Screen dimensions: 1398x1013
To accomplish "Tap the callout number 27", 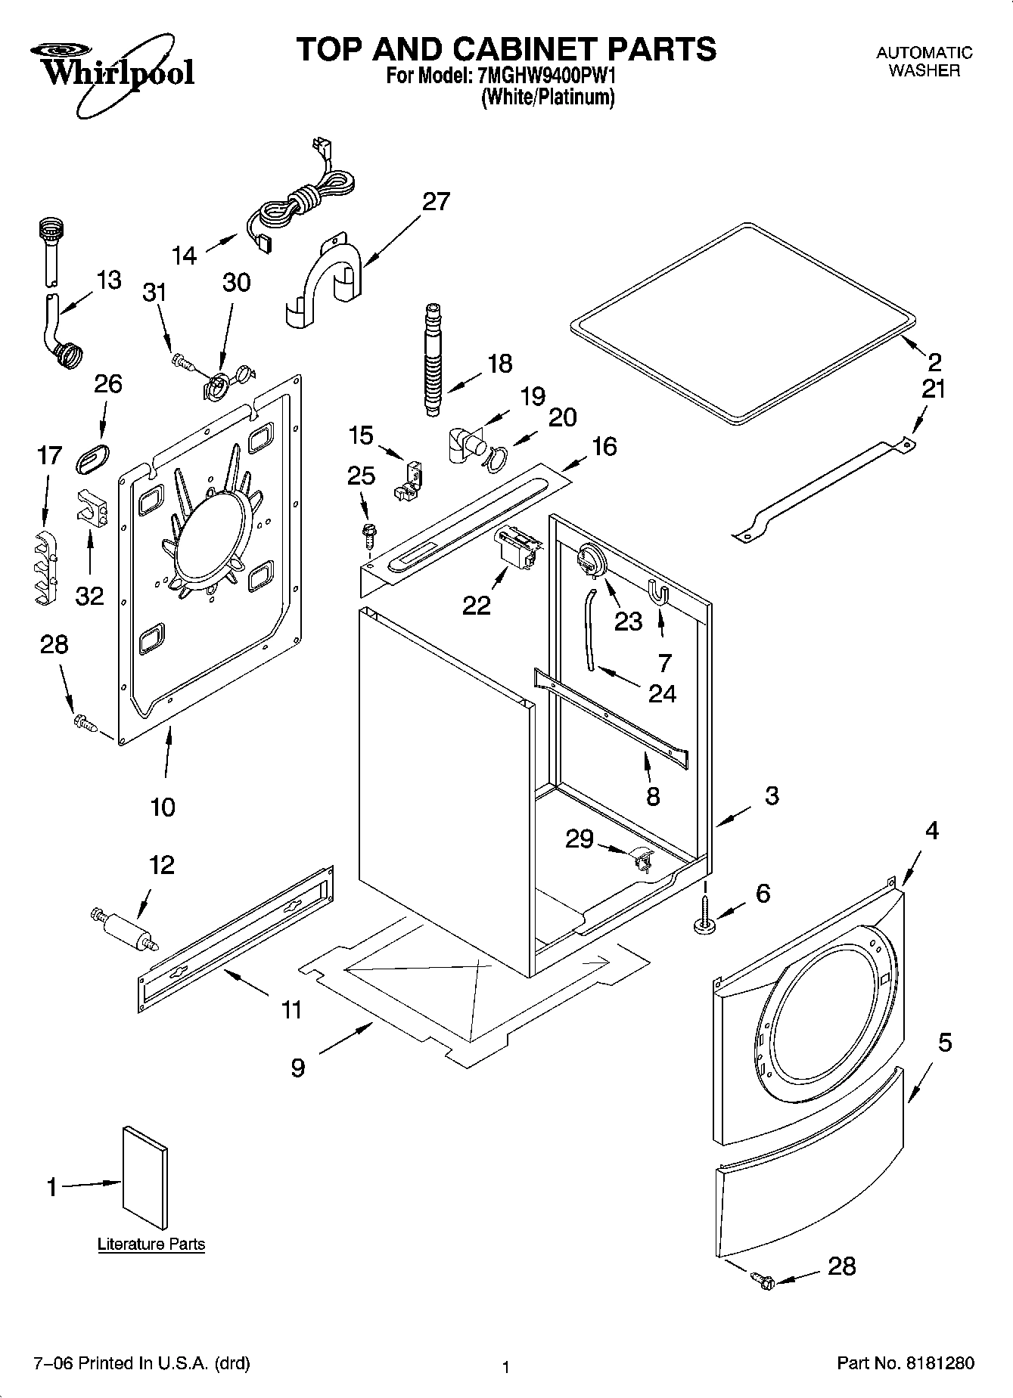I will click(x=436, y=202).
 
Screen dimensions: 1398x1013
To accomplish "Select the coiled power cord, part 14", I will click(x=299, y=206).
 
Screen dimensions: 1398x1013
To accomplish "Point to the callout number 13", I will click(x=109, y=281).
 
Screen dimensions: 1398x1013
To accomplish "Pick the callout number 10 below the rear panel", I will click(x=163, y=807).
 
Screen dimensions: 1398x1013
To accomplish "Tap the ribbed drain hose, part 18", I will click(x=432, y=359).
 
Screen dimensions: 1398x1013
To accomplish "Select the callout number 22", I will click(x=477, y=605).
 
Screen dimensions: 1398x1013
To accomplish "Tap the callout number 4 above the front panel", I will click(x=931, y=831).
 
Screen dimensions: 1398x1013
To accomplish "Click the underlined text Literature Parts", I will click(x=151, y=1244).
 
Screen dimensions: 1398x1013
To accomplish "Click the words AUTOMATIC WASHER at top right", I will click(x=924, y=62).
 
